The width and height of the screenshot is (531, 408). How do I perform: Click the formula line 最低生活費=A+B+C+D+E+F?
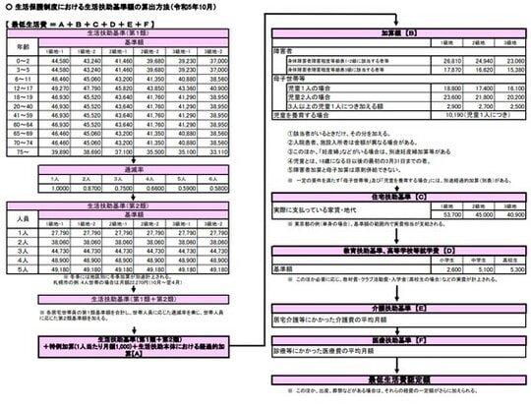coord(74,20)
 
